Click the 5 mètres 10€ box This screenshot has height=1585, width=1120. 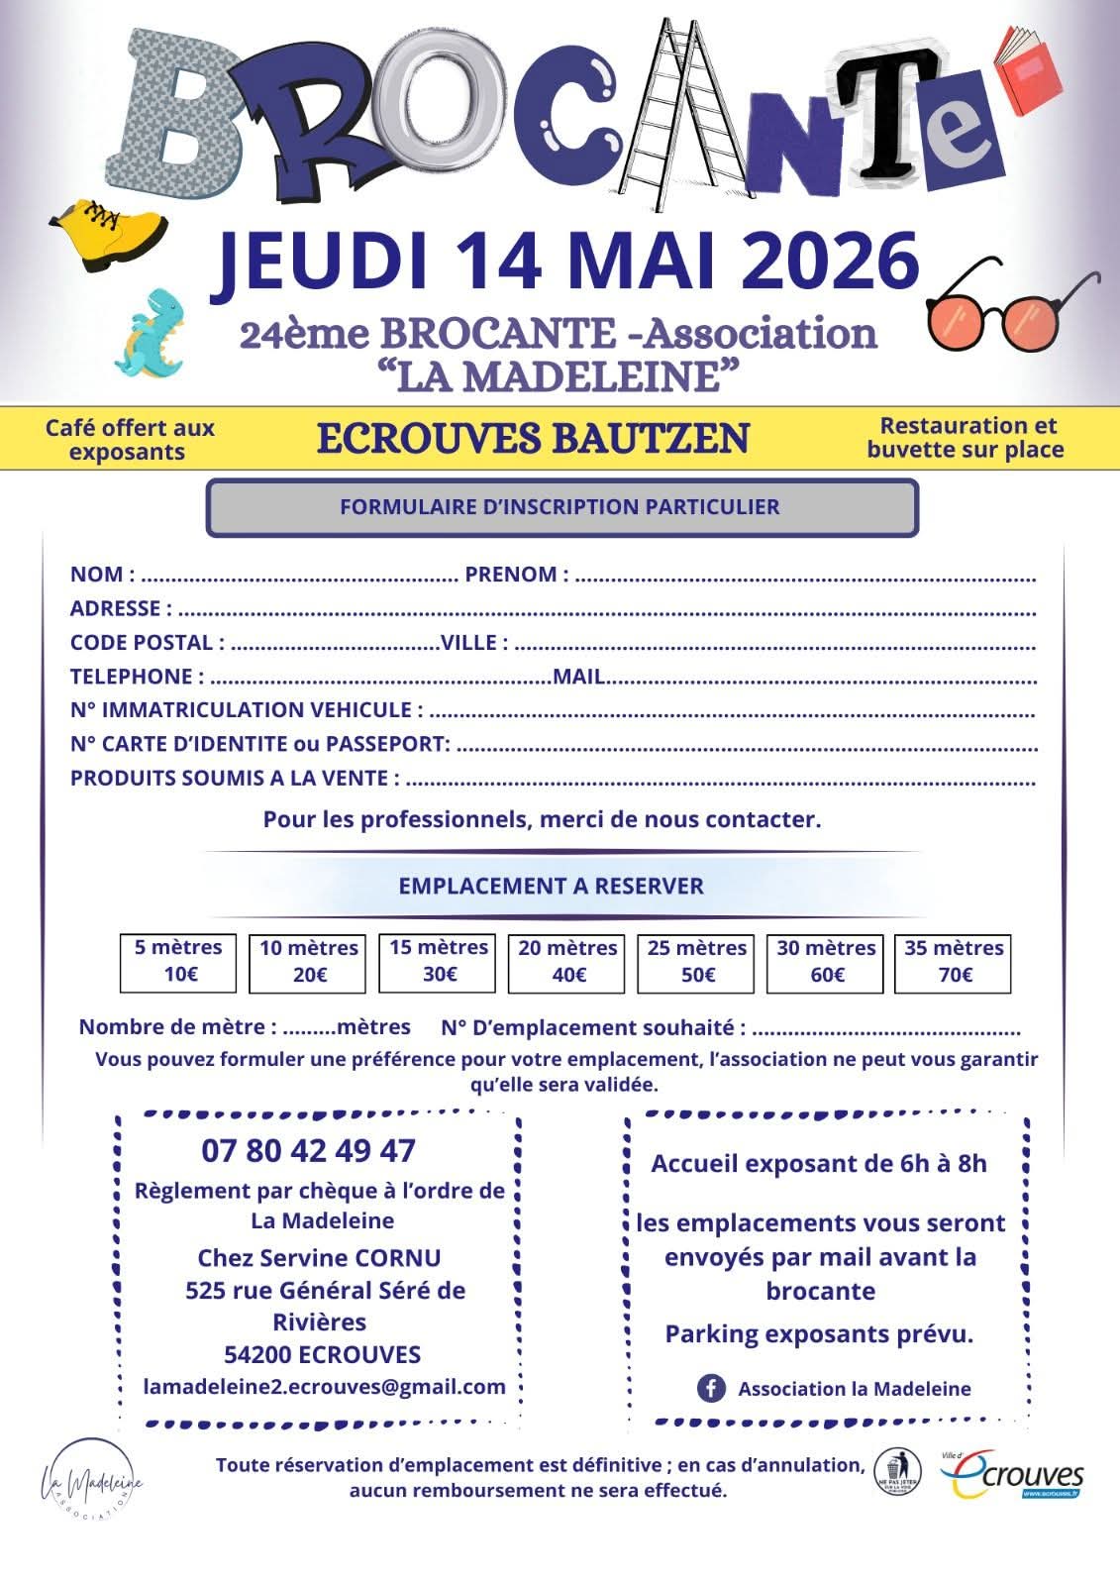[178, 961]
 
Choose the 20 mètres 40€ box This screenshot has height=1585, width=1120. [566, 962]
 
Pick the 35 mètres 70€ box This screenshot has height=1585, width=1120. [953, 962]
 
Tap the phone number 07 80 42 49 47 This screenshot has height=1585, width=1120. [308, 1150]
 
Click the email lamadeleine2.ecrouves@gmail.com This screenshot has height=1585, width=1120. [324, 1387]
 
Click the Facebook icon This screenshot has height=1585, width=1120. [711, 1388]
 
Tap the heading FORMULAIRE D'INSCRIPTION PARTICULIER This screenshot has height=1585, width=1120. [560, 507]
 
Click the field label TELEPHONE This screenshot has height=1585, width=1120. [132, 677]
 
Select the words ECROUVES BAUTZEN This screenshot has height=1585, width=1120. [533, 438]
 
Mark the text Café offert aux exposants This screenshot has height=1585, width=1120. [129, 440]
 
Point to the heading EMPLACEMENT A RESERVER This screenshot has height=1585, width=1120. [551, 886]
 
